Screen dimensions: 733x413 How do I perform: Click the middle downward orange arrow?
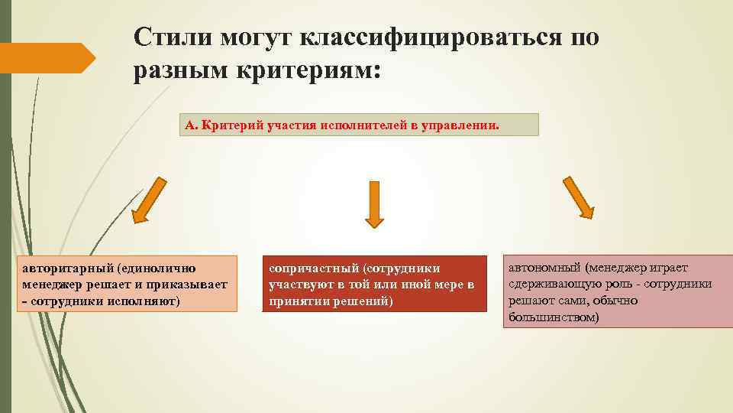374,204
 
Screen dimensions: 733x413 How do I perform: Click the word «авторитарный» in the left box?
65,268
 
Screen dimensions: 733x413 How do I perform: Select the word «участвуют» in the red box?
300,285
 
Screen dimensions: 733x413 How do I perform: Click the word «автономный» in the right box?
543,268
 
